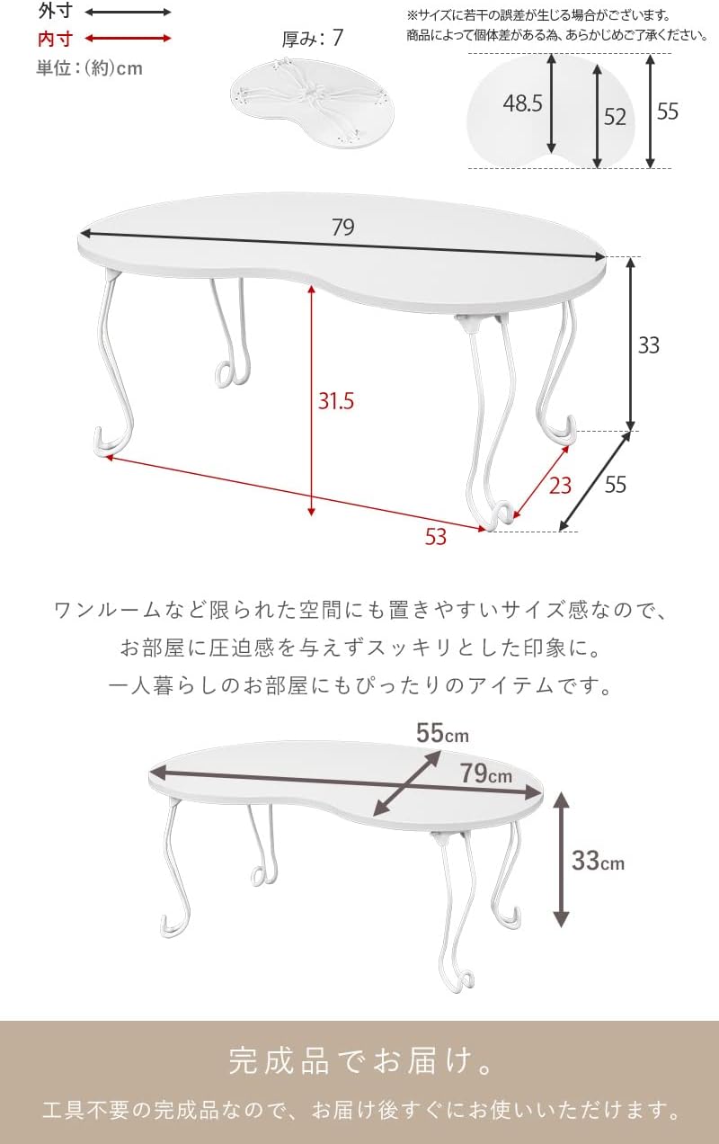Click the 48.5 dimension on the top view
(522, 103)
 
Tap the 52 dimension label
(615, 117)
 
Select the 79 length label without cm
(343, 228)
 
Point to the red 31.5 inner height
(336, 401)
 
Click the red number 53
(436, 537)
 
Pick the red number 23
(560, 486)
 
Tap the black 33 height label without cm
(649, 345)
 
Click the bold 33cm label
(598, 861)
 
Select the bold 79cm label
(486, 773)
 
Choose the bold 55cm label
(442, 733)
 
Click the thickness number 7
(338, 38)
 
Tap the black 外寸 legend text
(56, 11)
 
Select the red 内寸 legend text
(56, 39)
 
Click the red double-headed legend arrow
(128, 39)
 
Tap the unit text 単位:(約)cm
(89, 68)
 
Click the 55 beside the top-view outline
(668, 112)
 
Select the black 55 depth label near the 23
(616, 484)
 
